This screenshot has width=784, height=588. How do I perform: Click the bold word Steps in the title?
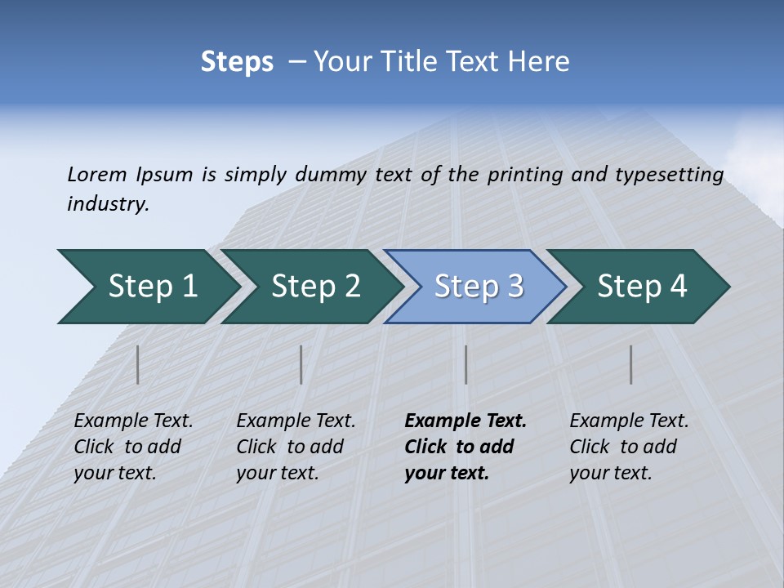[x=237, y=62]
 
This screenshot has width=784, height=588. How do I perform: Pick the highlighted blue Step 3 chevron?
[x=479, y=287]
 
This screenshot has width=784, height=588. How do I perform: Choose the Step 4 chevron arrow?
[x=642, y=287]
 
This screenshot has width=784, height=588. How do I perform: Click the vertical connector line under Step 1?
[x=138, y=364]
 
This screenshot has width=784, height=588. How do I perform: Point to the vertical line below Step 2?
[x=301, y=364]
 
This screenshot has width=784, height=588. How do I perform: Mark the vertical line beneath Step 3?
[x=466, y=364]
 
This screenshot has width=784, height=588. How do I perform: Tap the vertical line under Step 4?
[x=631, y=364]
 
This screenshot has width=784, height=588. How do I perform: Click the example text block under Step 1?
[x=133, y=447]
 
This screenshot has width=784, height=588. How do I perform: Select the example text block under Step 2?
[x=296, y=447]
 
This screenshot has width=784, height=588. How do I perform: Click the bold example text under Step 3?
[x=465, y=447]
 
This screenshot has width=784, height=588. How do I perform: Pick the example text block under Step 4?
[x=629, y=447]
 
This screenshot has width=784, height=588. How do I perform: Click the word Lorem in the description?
[x=96, y=174]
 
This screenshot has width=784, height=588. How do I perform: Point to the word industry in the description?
[x=108, y=204]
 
